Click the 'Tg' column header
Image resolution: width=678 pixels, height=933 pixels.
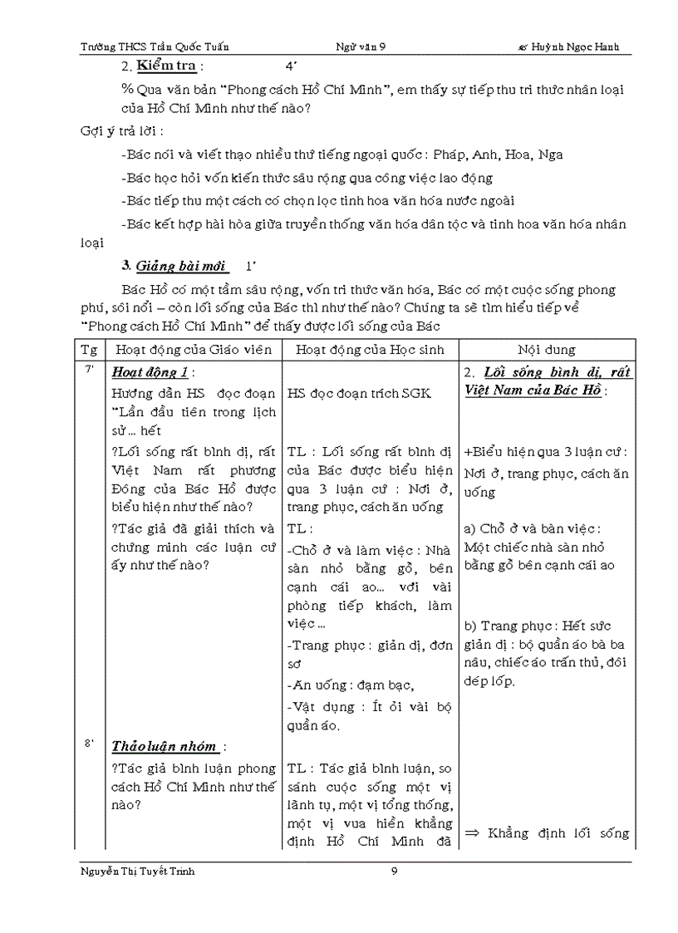pyautogui.click(x=89, y=350)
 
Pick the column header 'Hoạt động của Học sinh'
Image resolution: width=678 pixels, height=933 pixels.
pyautogui.click(x=370, y=350)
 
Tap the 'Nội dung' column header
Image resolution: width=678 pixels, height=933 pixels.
pyautogui.click(x=547, y=350)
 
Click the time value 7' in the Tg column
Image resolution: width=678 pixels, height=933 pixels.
pyautogui.click(x=89, y=370)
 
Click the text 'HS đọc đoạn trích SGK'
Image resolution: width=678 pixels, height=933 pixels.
pyautogui.click(x=359, y=393)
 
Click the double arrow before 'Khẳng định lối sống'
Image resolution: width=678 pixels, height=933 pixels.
pyautogui.click(x=474, y=833)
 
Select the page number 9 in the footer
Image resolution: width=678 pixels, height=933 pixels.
pyautogui.click(x=395, y=872)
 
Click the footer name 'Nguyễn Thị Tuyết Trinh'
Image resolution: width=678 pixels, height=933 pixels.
pyautogui.click(x=138, y=872)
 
